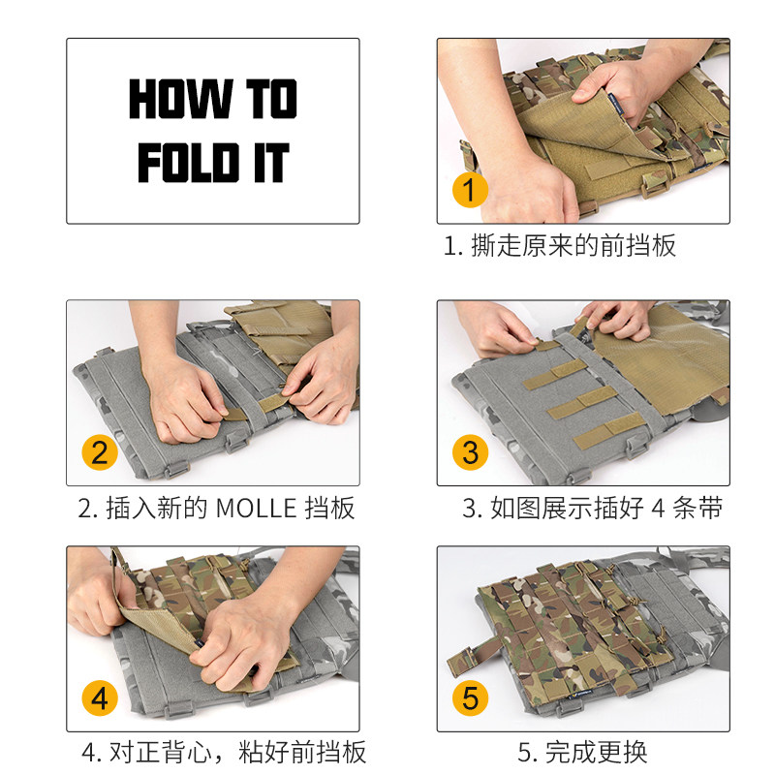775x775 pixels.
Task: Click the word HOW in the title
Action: click(x=181, y=99)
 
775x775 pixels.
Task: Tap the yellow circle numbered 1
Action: click(x=470, y=190)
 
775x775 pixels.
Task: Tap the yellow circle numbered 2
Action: click(x=100, y=451)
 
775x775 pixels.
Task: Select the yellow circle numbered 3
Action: click(x=470, y=451)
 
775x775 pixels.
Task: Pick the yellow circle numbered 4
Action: click(x=100, y=697)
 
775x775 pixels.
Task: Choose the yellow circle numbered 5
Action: click(x=470, y=697)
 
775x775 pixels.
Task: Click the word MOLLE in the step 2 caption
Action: click(x=256, y=508)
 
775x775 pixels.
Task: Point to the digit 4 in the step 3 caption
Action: click(x=658, y=508)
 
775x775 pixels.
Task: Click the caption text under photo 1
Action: click(x=560, y=246)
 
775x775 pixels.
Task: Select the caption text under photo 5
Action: click(x=582, y=752)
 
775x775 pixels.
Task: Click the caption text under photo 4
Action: click(x=224, y=752)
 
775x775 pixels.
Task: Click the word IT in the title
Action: click(x=271, y=163)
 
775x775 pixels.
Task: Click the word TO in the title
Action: click(x=272, y=99)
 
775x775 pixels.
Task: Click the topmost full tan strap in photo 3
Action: click(x=555, y=375)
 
